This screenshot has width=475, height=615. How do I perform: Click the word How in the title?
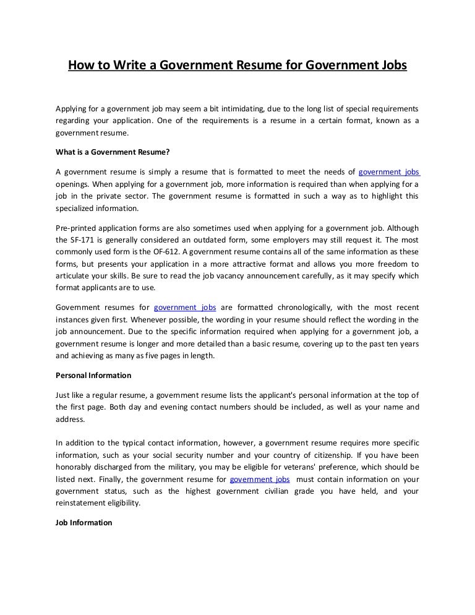coord(80,64)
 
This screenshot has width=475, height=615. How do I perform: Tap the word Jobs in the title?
coord(390,64)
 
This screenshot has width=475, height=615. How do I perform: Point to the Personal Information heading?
coord(93,375)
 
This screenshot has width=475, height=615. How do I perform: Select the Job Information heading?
coord(84,522)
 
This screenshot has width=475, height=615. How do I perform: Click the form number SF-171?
coord(80,239)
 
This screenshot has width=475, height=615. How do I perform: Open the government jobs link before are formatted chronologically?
coord(184,307)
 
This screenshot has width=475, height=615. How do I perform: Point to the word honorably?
coord(74,467)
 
